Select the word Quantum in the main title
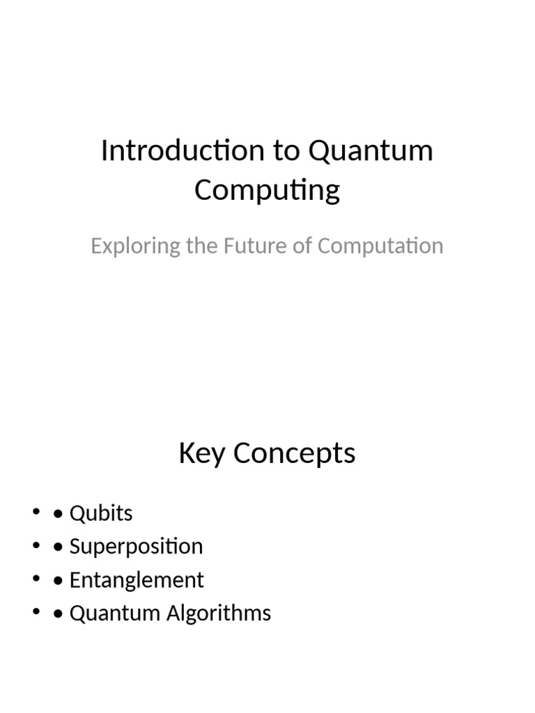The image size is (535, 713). tap(371, 151)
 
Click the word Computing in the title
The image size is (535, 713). tap(267, 190)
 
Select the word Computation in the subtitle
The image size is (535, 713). tap(380, 246)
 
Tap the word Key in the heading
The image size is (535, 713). tap(202, 454)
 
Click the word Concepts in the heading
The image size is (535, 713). tap(295, 454)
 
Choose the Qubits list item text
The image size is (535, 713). tap(101, 514)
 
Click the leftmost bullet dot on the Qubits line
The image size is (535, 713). tap(36, 513)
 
